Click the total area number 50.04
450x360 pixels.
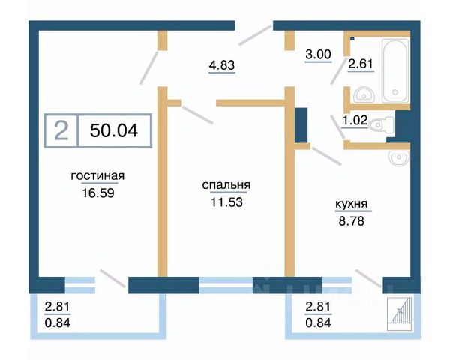(x=113, y=130)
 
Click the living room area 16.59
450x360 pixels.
(x=97, y=192)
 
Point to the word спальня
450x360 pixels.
(x=226, y=186)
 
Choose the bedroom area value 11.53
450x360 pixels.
(x=226, y=201)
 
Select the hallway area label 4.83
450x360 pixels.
(x=222, y=65)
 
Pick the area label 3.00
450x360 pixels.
(x=318, y=55)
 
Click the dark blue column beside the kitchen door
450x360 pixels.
(x=301, y=125)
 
